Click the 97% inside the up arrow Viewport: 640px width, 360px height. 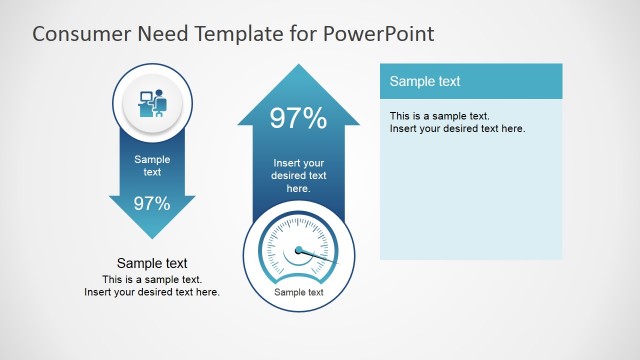pos(298,119)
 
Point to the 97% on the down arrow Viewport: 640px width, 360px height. pos(152,204)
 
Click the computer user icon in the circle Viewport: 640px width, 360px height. pos(152,103)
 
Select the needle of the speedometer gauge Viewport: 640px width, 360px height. pos(319,257)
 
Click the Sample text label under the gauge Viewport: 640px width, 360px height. pos(299,292)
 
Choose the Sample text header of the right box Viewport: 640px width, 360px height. pos(425,81)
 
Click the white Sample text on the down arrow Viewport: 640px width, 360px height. pos(152,165)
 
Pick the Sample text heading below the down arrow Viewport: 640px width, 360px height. pos(152,264)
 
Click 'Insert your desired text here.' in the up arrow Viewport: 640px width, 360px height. pos(298,175)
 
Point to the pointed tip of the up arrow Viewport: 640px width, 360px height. pos(298,67)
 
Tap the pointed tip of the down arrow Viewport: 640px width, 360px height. pos(152,236)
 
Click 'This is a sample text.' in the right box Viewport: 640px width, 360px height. pos(439,116)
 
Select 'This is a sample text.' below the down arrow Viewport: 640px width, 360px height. pos(152,279)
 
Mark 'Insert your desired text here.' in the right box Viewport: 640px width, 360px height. pos(457,128)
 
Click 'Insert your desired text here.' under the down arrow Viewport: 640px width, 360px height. pos(152,292)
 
